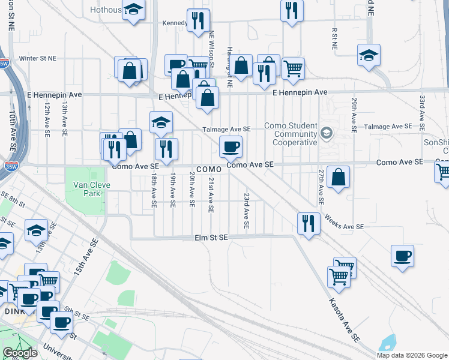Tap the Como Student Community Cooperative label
294,134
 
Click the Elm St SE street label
211,238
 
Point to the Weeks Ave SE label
344,222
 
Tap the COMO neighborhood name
208,170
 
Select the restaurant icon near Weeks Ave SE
309,224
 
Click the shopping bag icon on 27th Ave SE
339,178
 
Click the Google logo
20,353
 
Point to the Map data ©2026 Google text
412,355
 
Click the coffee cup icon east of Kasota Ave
402,256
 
